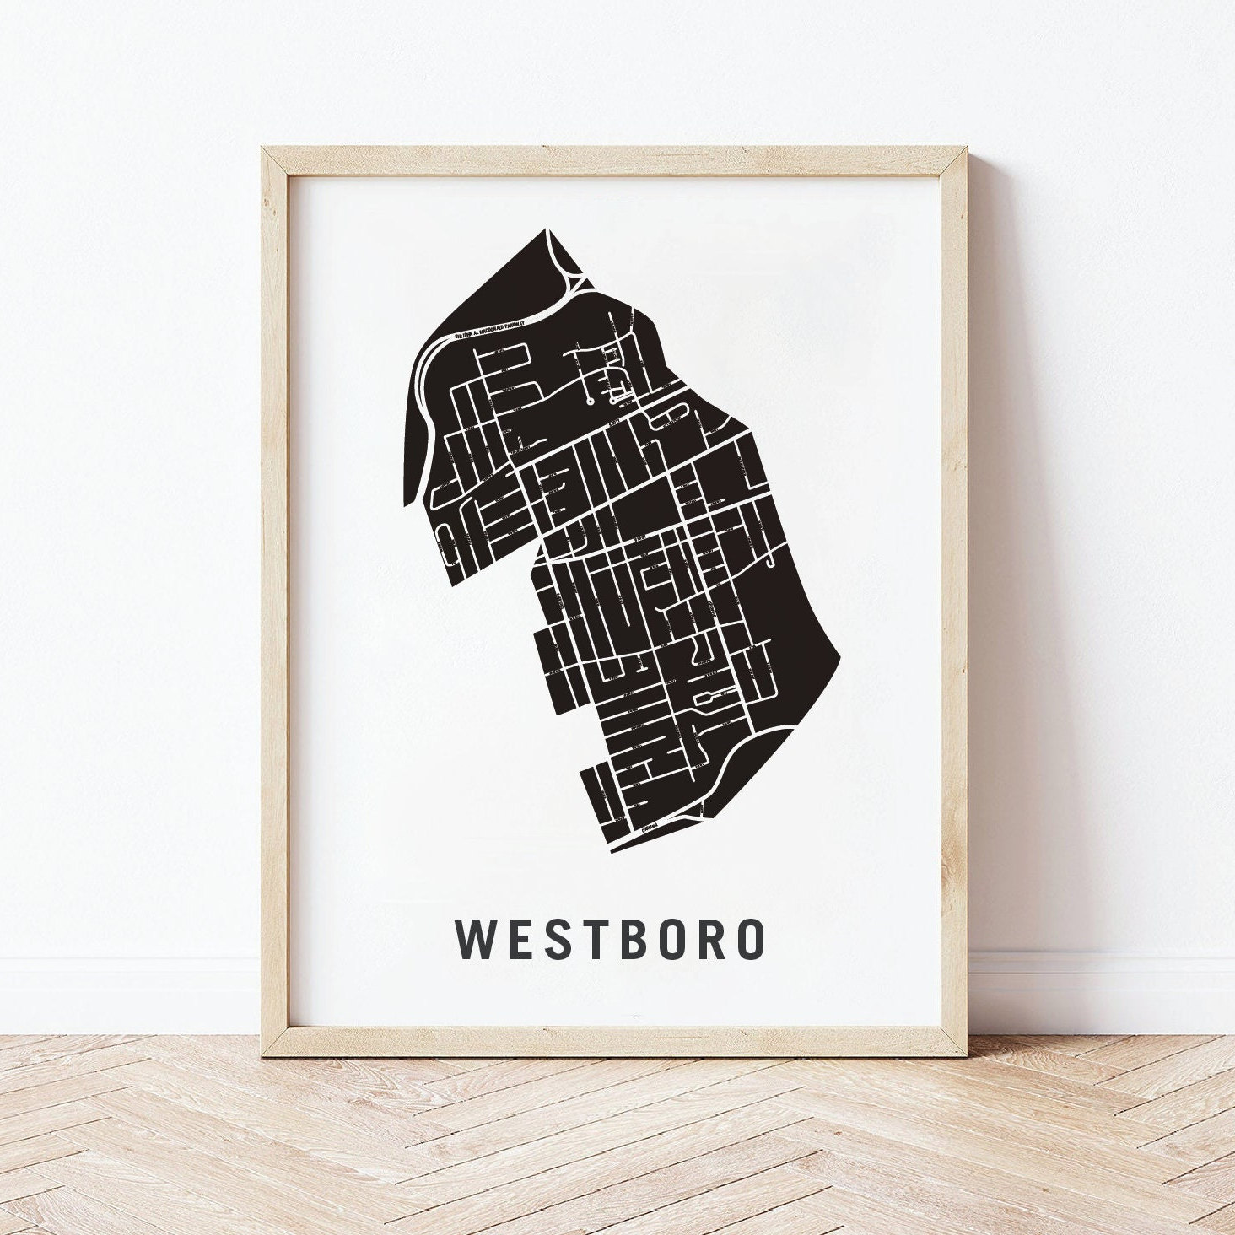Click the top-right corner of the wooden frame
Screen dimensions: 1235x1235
tap(970, 148)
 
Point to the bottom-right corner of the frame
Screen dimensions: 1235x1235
tap(970, 1054)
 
